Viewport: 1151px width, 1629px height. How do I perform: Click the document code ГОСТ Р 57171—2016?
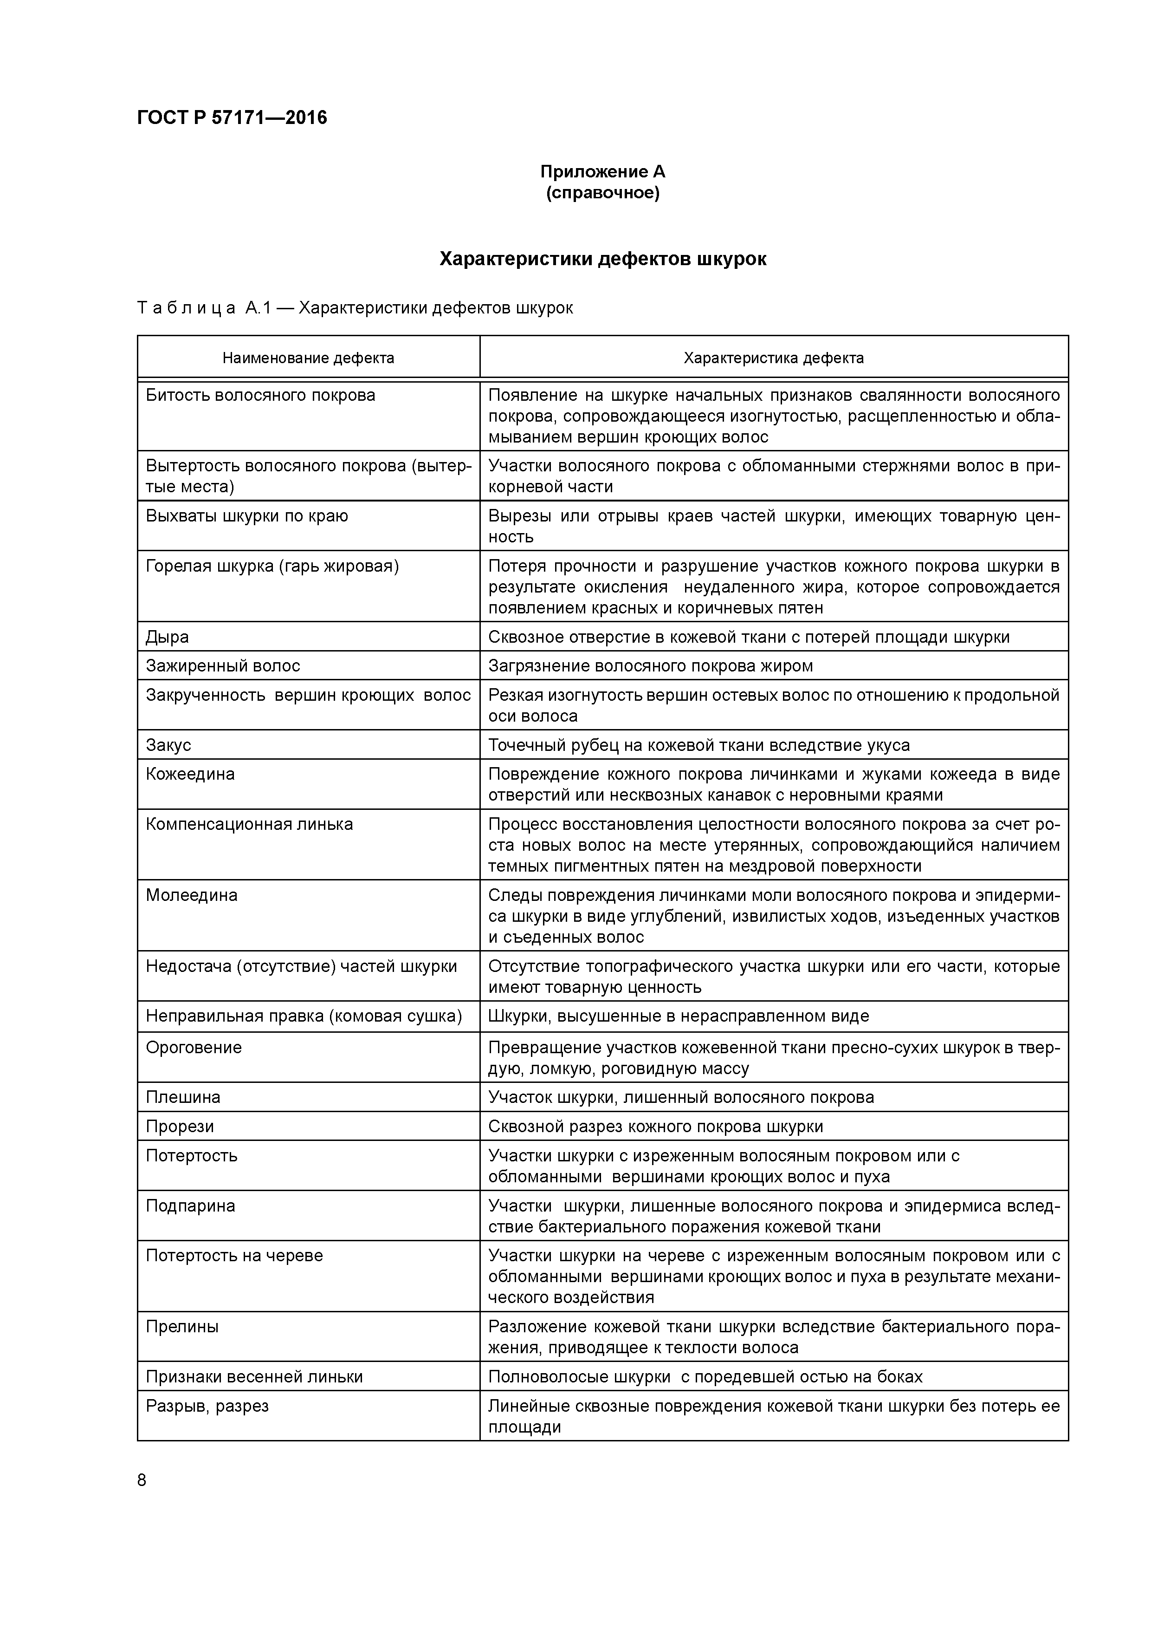(232, 118)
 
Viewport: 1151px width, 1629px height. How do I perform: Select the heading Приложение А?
(602, 172)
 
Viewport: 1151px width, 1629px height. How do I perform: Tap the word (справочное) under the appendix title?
(602, 193)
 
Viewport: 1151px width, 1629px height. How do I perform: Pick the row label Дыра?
(168, 637)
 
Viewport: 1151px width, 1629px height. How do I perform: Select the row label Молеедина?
(192, 895)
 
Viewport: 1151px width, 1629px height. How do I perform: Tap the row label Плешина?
(183, 1098)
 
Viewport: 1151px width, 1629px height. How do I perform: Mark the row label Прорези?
(180, 1127)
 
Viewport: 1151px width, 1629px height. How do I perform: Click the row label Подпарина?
(190, 1206)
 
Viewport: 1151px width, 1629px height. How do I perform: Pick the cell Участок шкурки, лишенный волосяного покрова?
(681, 1098)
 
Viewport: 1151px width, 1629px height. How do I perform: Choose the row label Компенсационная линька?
(249, 824)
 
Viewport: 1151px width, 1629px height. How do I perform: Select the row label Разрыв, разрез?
(207, 1406)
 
